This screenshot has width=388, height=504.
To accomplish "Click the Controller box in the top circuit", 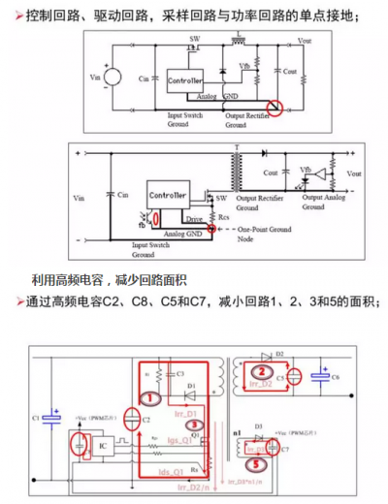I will [184, 78].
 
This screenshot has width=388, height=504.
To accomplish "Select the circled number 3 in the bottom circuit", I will [194, 424].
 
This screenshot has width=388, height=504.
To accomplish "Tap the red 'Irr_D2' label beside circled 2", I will [263, 386].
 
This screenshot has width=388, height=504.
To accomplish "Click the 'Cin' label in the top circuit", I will [145, 77].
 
